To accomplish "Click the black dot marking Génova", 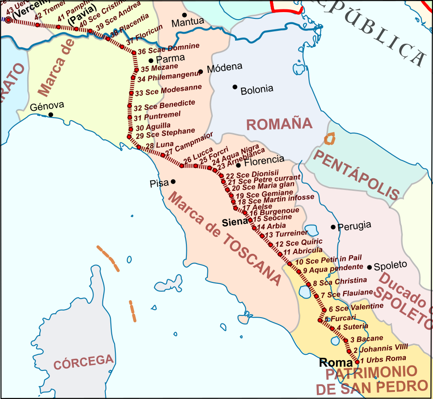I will [x=50, y=115].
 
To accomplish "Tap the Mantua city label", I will [x=188, y=22].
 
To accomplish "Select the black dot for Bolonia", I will [x=235, y=87].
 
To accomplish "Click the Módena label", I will [x=223, y=67].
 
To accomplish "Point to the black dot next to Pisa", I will [x=173, y=181].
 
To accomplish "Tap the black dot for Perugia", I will [x=333, y=227].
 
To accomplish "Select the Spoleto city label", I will [x=391, y=265].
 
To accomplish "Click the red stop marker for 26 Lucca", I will [x=182, y=166].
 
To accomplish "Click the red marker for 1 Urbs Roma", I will [x=357, y=361].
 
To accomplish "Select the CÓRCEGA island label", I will [x=84, y=361].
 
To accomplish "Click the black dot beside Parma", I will [x=151, y=60].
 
